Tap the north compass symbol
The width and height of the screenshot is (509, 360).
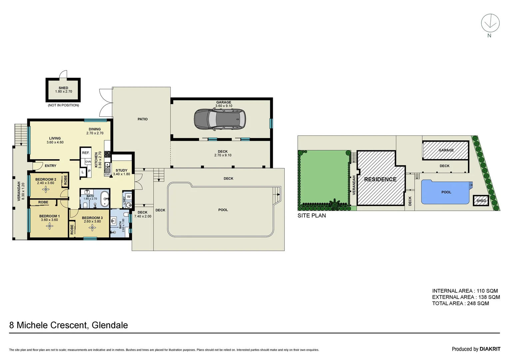coord(490,24)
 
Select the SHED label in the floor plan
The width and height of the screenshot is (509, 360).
coord(63,88)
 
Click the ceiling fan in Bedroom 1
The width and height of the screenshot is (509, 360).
coord(50,226)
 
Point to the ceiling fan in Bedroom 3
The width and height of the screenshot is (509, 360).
coord(92,228)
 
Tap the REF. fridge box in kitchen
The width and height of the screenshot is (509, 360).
coord(86,153)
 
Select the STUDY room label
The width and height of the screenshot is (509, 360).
coord(121,170)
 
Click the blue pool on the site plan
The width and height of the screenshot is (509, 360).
coord(446,192)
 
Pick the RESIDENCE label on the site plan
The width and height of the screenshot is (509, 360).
coord(380,179)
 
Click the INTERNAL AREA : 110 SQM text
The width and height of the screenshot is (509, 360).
coord(465,291)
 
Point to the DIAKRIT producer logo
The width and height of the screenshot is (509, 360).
coord(490,349)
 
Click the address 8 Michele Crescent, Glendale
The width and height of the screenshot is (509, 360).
coord(69,325)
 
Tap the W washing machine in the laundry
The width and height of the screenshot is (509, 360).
coord(129,197)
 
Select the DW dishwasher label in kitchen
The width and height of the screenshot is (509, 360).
coord(107,174)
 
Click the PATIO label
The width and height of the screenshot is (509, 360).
coord(143,119)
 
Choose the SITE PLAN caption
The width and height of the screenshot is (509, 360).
coord(311,216)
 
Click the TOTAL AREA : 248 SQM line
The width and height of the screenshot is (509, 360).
coord(460,303)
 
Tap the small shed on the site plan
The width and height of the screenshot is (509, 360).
coord(481,200)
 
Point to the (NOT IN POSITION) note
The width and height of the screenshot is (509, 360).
coord(63,105)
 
